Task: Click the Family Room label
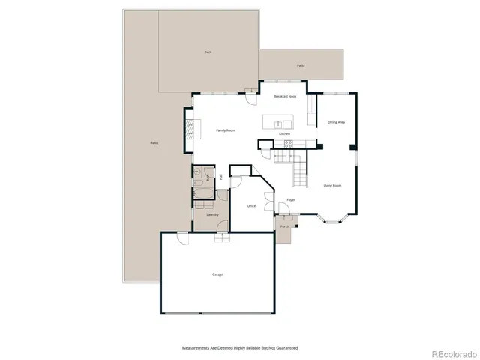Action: coord(226,130)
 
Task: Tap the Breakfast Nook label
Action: coord(286,97)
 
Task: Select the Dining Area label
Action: coord(336,122)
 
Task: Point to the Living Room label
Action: coord(332,185)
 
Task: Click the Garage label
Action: coord(217,274)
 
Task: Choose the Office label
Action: coord(251,205)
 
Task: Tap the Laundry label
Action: coord(212,215)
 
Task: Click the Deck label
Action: coord(208,52)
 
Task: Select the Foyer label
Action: coord(290,200)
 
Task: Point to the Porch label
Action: coord(285,226)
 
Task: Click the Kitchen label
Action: coord(284,134)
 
